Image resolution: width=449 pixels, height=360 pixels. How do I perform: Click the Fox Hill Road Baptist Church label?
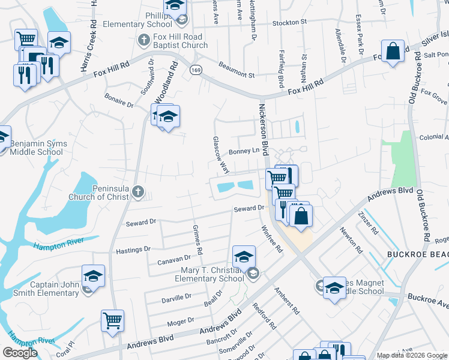click(x=179, y=41)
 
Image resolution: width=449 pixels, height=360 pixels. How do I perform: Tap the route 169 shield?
click(x=196, y=70)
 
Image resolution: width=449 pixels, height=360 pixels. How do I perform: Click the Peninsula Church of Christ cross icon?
click(x=138, y=191)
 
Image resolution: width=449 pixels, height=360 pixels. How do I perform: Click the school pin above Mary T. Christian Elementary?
click(x=244, y=257)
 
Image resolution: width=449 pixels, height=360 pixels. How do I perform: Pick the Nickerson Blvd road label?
click(x=264, y=129)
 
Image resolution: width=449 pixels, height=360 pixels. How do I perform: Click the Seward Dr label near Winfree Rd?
click(x=249, y=208)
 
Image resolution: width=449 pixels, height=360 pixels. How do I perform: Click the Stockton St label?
click(x=289, y=22)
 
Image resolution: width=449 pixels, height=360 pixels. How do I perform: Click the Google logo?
click(x=20, y=353)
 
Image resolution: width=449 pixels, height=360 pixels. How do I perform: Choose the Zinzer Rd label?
click(x=368, y=223)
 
